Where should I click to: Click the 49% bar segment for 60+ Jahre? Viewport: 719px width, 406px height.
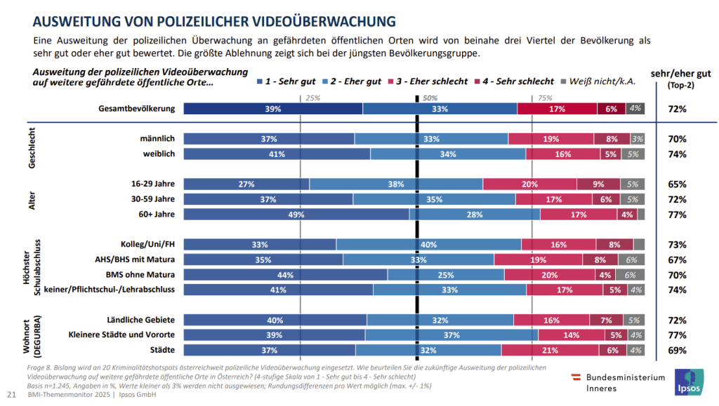point(296,214)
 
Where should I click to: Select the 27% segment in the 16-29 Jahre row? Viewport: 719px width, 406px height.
point(246,184)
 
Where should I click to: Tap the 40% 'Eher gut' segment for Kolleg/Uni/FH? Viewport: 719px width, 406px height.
point(428,244)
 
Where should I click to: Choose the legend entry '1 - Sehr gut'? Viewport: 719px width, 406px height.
point(286,81)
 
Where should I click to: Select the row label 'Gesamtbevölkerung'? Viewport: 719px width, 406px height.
point(137,109)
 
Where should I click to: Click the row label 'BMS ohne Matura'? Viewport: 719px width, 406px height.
point(140,274)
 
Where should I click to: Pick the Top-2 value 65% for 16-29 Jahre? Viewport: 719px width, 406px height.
point(678,184)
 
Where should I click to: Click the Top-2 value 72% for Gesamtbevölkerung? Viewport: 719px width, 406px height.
point(678,109)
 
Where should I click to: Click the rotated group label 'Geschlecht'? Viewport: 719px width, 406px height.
point(32,146)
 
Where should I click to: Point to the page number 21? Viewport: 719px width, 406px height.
point(11,395)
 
